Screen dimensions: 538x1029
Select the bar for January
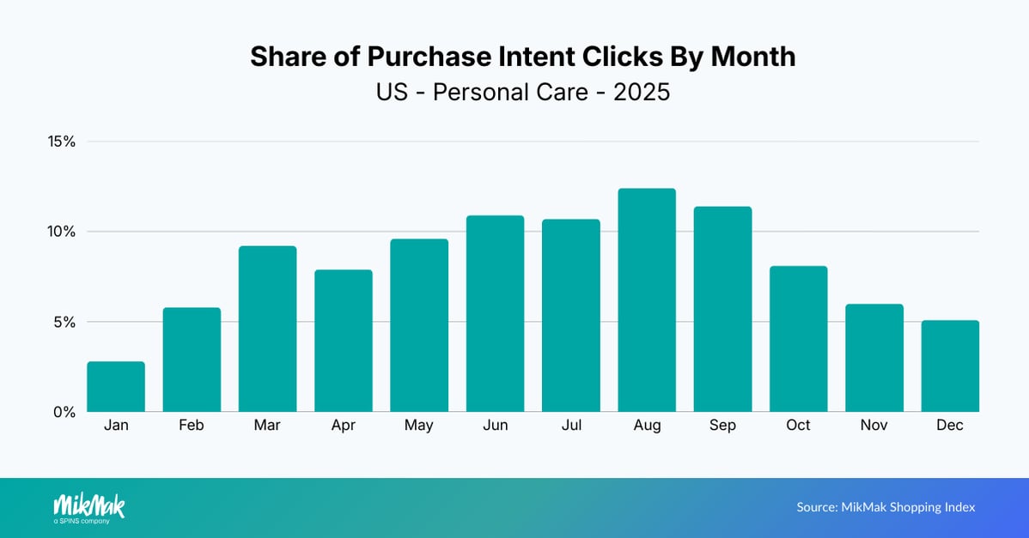(116, 387)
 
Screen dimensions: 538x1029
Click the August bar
(647, 300)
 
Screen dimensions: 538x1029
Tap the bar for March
(267, 329)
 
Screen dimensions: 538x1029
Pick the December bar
(949, 366)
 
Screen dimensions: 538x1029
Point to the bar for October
(798, 339)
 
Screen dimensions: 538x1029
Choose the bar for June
(495, 314)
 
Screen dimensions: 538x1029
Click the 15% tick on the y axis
(61, 142)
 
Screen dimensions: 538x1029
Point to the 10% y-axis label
(61, 232)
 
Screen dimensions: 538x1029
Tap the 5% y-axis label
(64, 322)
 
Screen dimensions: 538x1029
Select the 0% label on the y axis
(64, 412)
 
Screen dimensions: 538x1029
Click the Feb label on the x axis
(192, 426)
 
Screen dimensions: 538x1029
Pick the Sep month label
(722, 426)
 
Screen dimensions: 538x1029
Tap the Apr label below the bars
(344, 426)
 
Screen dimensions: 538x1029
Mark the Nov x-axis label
(874, 426)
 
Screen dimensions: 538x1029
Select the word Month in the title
(748, 57)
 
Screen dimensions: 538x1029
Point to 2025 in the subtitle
(641, 92)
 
